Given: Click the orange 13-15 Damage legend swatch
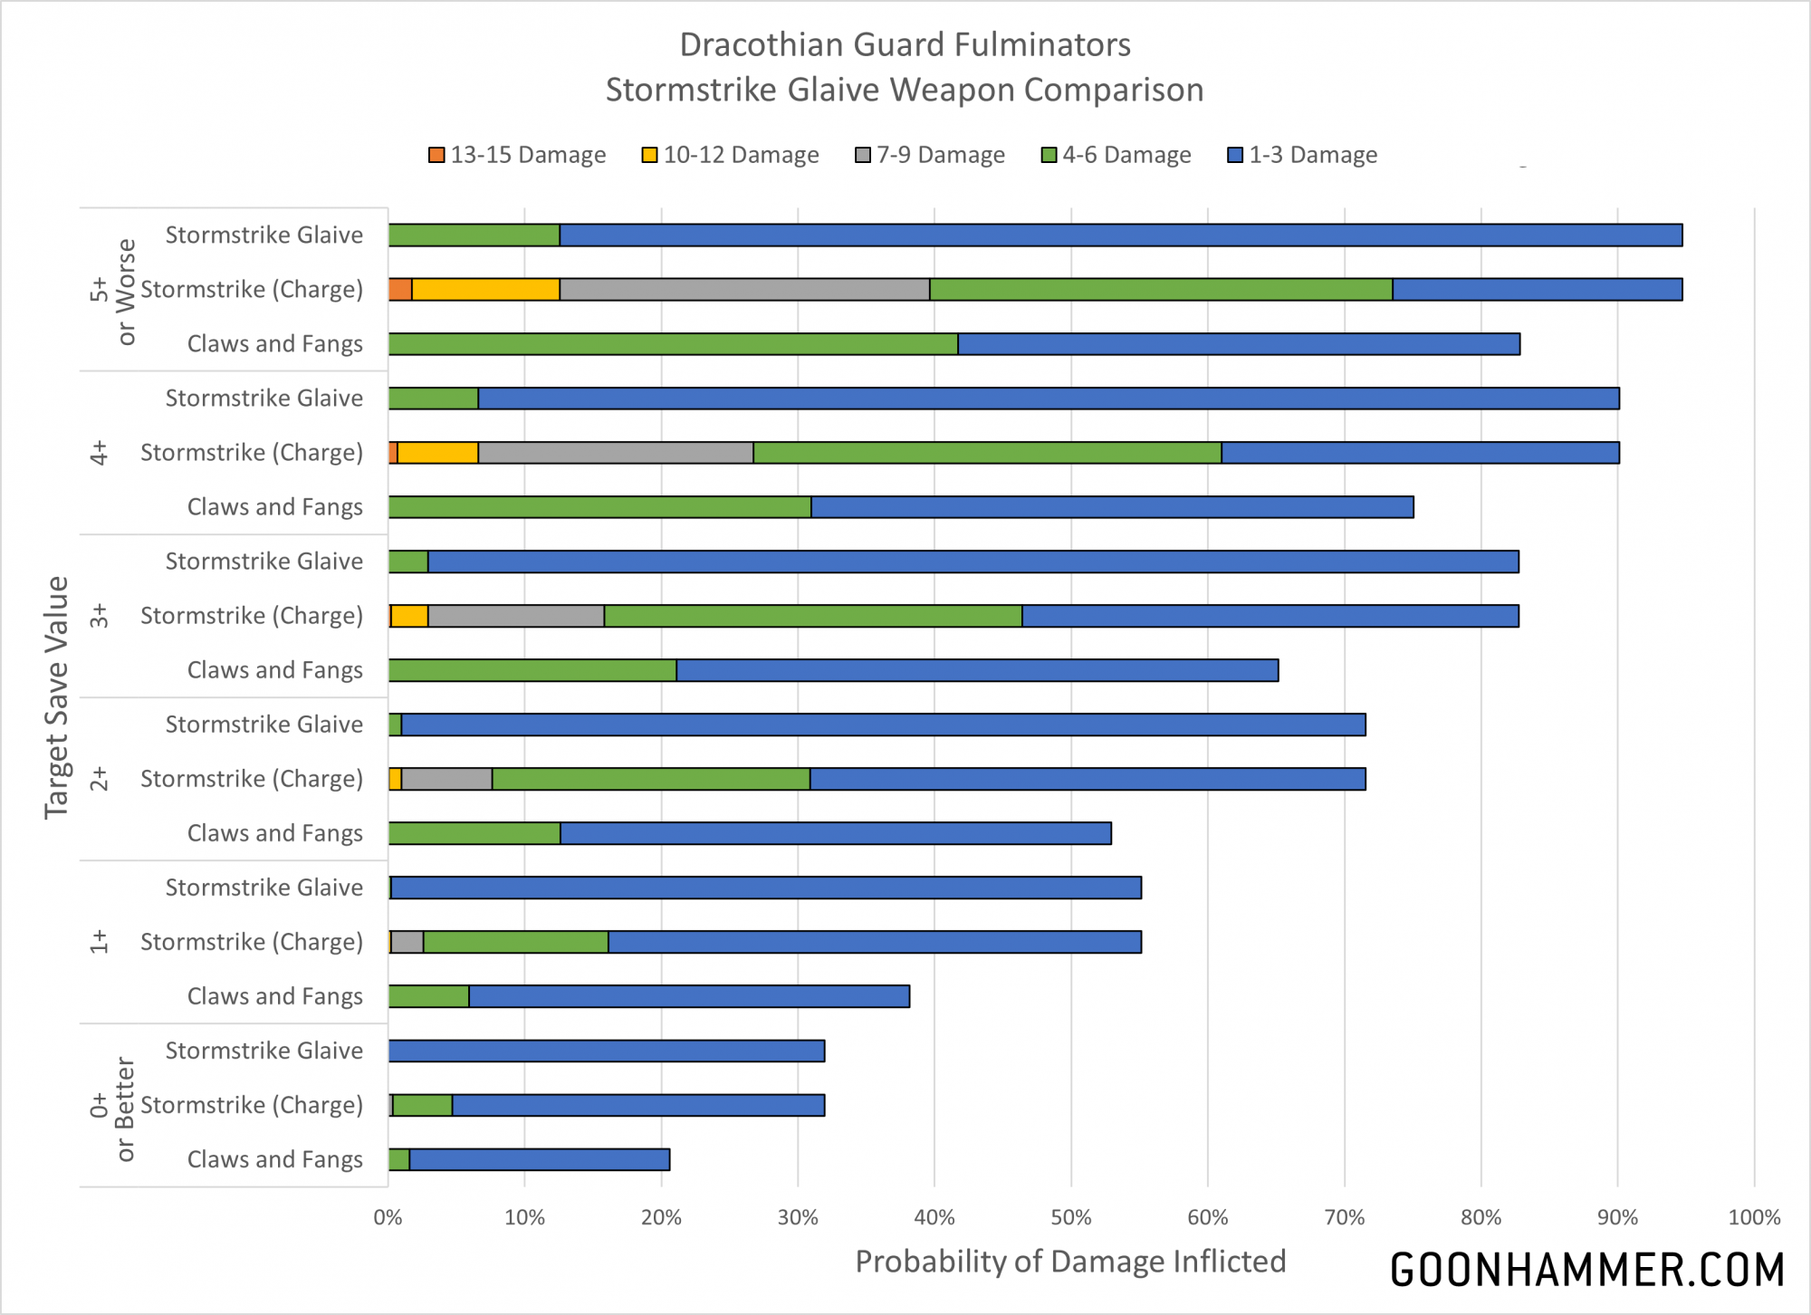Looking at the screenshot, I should point(436,155).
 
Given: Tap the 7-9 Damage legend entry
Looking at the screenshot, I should point(930,155).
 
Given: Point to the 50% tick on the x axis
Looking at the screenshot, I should point(1071,1217).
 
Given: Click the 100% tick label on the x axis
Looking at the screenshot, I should point(1754,1217).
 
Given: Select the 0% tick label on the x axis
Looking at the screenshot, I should point(388,1217).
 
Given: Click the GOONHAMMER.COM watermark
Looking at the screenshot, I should point(1586,1270).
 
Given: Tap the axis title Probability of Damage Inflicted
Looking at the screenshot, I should point(1070,1262).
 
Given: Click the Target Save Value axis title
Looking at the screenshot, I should point(56,697).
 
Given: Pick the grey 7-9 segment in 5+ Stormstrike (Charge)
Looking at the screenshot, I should point(744,290).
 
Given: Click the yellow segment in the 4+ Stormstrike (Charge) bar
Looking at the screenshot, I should point(437,453).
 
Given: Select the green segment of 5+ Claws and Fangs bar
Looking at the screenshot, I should point(673,344).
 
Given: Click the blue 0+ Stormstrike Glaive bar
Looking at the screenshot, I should point(607,1051).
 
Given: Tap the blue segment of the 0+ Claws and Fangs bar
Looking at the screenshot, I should point(540,1159).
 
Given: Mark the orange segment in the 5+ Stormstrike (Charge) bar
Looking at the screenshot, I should point(400,290).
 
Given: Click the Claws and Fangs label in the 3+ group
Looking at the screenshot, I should point(274,670).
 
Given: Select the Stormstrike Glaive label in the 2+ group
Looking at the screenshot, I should point(264,725).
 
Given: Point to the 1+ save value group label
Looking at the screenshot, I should point(99,942).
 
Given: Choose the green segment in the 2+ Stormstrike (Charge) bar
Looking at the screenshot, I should point(651,779).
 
